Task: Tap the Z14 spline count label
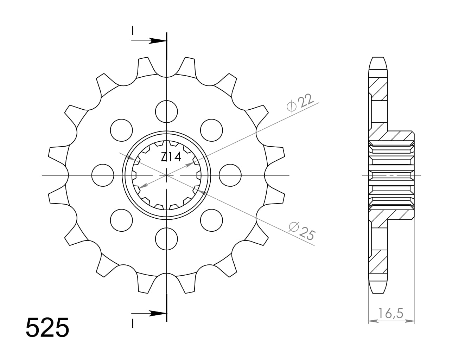click(x=171, y=157)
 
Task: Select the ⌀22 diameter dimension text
click(x=300, y=103)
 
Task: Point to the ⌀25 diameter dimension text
click(x=302, y=231)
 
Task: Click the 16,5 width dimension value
click(x=390, y=313)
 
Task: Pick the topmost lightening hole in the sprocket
click(x=166, y=112)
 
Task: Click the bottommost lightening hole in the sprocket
click(x=166, y=239)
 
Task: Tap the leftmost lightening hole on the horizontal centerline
click(x=103, y=175)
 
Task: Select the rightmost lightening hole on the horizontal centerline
click(x=230, y=175)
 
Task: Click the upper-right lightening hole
click(x=211, y=130)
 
